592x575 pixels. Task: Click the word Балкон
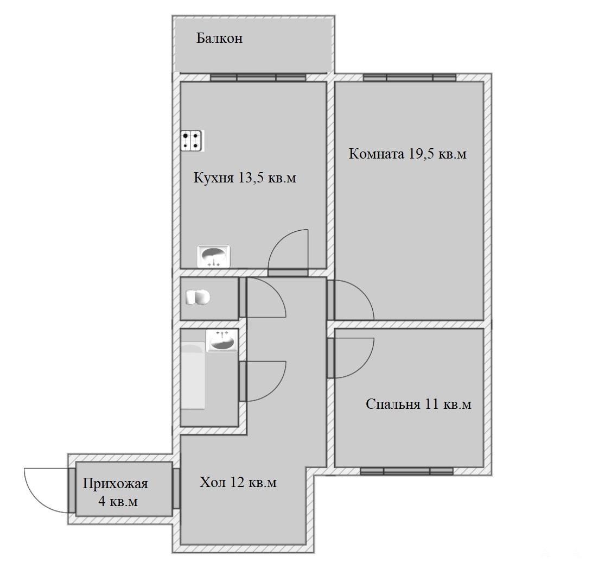[x=219, y=38]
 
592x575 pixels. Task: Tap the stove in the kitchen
[x=192, y=141]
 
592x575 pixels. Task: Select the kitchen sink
[x=214, y=256]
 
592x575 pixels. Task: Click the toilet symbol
[x=198, y=298]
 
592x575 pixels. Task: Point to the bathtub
[x=193, y=376]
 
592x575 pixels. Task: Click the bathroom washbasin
[x=222, y=340]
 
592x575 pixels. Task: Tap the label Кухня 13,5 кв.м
[x=245, y=178]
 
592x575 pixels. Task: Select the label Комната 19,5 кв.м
[x=408, y=154]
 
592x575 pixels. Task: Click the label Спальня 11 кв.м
[x=419, y=404]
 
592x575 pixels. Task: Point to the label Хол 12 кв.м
[x=238, y=482]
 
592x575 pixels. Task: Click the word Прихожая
[x=115, y=484]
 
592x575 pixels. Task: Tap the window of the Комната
[x=410, y=78]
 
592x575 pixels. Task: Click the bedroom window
[x=406, y=471]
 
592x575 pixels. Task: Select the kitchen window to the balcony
[x=258, y=78]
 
